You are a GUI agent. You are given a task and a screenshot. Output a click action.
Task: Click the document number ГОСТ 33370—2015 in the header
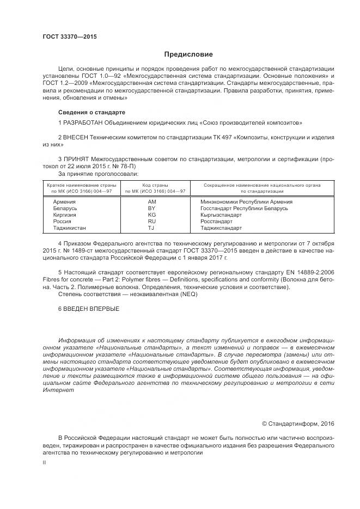pos(65,37)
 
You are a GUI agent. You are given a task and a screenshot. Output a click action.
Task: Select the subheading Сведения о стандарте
pos(88,112)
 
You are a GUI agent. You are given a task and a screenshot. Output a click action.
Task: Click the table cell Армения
pos(64,201)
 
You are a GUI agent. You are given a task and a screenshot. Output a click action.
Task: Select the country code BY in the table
pos(152,208)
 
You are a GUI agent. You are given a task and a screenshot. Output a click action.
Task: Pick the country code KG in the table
pos(152,215)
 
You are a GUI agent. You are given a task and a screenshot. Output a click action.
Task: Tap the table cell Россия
pos(62,222)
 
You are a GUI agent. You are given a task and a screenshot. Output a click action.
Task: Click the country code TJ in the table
pos(152,228)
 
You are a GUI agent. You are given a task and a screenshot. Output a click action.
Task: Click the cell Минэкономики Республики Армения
pos(239,201)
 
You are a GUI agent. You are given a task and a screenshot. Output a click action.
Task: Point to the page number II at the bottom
pos(44,462)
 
